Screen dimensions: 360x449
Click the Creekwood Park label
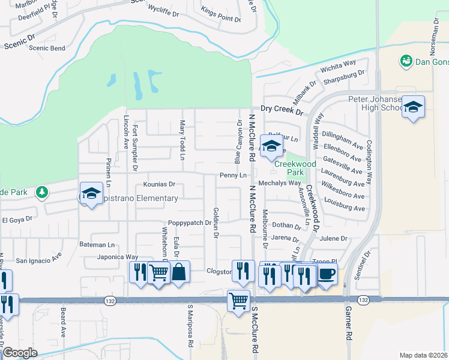coord(295,164)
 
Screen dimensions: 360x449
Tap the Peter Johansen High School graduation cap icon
coord(413,107)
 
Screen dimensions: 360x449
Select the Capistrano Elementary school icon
coord(91,193)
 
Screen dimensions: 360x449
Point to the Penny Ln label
coord(234,175)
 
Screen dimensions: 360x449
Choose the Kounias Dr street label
coord(159,185)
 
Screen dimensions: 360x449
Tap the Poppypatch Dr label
coord(190,223)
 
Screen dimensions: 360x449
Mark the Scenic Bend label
coord(47,48)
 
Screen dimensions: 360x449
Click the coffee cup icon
coord(327,274)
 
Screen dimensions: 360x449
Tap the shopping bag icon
coord(179,272)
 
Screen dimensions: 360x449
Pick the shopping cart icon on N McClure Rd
coord(238,299)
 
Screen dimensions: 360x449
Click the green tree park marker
coord(42,192)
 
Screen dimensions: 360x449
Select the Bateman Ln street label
coord(97,245)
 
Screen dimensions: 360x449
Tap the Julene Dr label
coord(333,238)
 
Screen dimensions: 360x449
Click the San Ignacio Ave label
coord(38,260)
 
